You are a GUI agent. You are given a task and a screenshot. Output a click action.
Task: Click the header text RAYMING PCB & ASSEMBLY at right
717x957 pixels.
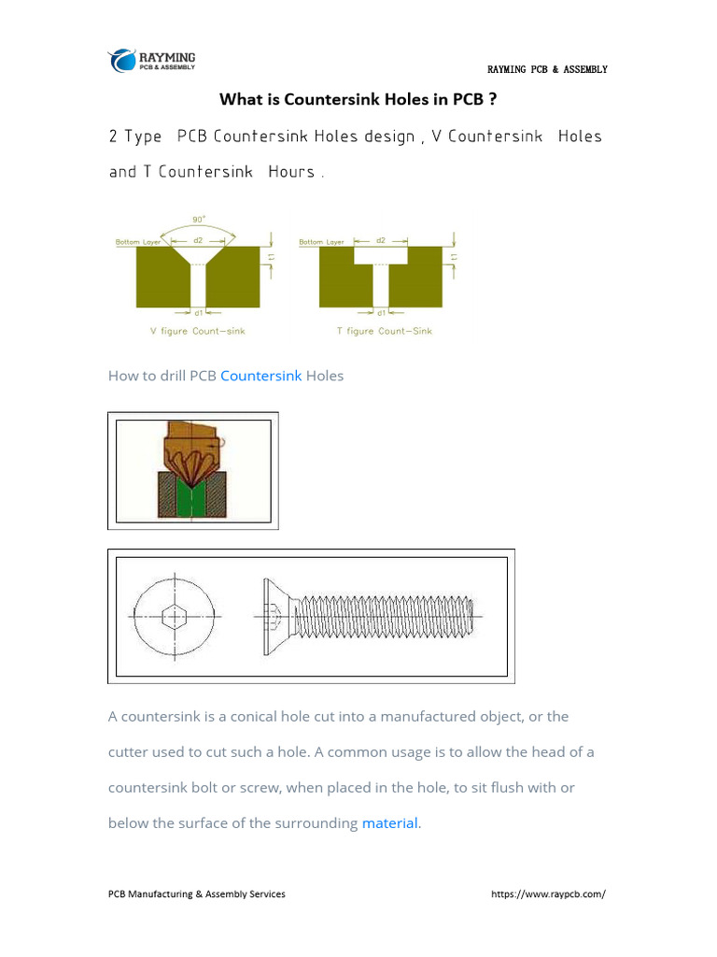point(547,70)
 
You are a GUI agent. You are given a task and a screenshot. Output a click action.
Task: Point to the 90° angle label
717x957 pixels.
point(199,221)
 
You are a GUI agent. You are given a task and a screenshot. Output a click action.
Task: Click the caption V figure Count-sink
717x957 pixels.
point(198,331)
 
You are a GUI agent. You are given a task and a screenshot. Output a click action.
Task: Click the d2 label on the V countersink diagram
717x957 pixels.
point(198,241)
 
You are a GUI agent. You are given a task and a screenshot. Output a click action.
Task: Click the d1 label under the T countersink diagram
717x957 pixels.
point(381,313)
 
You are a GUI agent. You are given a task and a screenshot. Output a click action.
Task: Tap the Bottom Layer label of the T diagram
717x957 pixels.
point(322,243)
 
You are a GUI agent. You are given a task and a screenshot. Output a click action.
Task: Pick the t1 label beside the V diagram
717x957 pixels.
point(272,257)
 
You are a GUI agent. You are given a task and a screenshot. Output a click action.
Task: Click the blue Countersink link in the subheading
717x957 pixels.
point(260,376)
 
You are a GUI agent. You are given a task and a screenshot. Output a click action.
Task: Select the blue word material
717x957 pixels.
point(389,823)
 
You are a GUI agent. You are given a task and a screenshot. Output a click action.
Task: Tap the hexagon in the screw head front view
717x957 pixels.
point(174,617)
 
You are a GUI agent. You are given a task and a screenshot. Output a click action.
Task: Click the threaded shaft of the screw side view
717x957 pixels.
point(392,617)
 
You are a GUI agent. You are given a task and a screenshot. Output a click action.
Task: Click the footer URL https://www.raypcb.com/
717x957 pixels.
point(548,894)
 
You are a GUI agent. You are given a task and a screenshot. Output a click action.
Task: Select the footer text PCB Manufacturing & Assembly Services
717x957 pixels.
point(197,894)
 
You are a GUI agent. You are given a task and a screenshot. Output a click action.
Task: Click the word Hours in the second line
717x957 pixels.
point(291,172)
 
